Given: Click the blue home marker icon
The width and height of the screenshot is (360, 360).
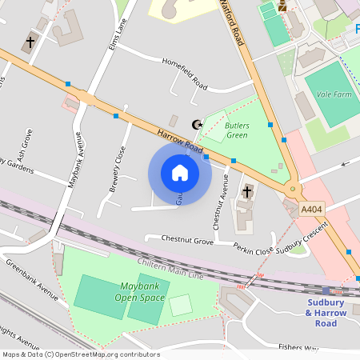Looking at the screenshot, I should (x=180, y=173).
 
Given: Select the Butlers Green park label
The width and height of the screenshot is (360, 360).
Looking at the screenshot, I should (x=236, y=130).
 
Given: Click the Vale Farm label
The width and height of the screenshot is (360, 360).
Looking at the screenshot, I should (x=334, y=94).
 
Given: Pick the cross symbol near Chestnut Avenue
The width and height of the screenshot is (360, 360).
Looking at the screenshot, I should (x=247, y=192).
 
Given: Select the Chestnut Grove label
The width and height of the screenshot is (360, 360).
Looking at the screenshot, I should (x=187, y=240).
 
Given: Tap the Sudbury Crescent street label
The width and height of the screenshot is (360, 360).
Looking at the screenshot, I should (x=302, y=239).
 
